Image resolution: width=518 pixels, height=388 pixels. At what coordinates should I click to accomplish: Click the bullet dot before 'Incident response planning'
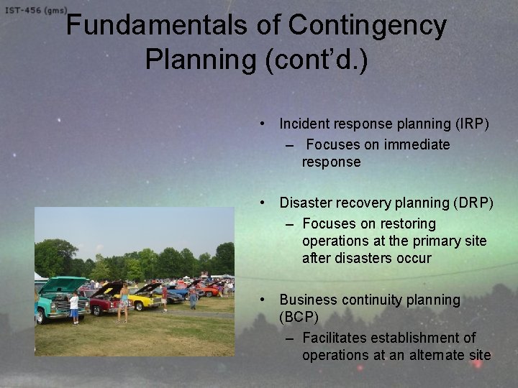(265, 124)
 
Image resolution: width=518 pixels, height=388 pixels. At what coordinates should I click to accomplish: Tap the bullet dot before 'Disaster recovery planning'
(265, 203)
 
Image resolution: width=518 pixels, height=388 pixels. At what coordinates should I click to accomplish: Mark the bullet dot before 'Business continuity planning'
(265, 298)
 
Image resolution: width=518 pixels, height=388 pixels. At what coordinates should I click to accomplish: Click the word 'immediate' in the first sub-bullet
(417, 144)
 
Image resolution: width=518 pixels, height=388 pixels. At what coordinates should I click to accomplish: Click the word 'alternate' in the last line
(431, 355)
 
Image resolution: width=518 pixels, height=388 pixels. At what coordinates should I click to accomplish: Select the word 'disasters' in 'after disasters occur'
(365, 258)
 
